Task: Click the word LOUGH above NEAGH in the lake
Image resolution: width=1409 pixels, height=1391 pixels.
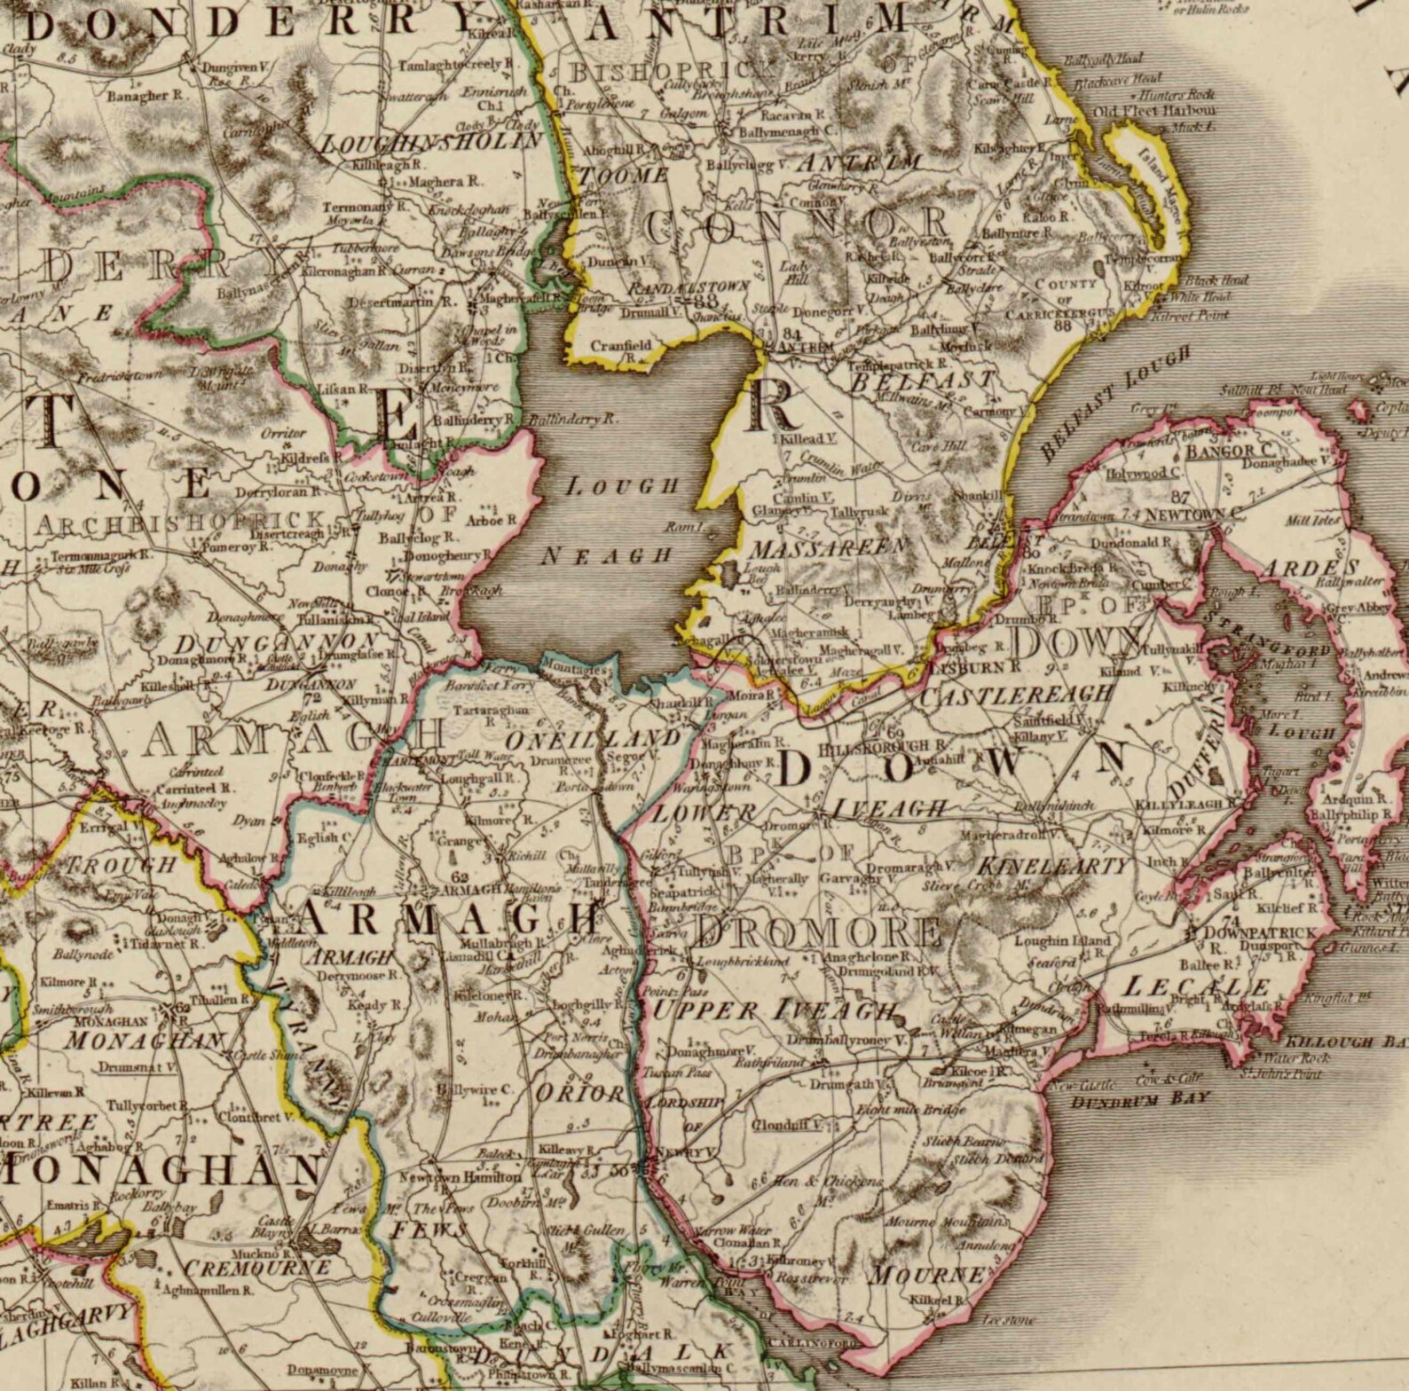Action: click(622, 486)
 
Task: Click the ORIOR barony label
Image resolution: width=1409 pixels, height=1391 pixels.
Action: click(581, 1093)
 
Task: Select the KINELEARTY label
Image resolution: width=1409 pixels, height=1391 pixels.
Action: click(1054, 866)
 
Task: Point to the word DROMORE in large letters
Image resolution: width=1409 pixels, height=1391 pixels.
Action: click(817, 931)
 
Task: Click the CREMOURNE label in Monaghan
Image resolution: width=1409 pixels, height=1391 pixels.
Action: click(257, 1267)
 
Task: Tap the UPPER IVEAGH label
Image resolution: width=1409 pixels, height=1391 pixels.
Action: click(773, 1010)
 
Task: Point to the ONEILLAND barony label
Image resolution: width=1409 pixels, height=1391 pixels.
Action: click(594, 738)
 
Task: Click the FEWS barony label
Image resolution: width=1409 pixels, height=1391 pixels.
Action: click(429, 1230)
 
